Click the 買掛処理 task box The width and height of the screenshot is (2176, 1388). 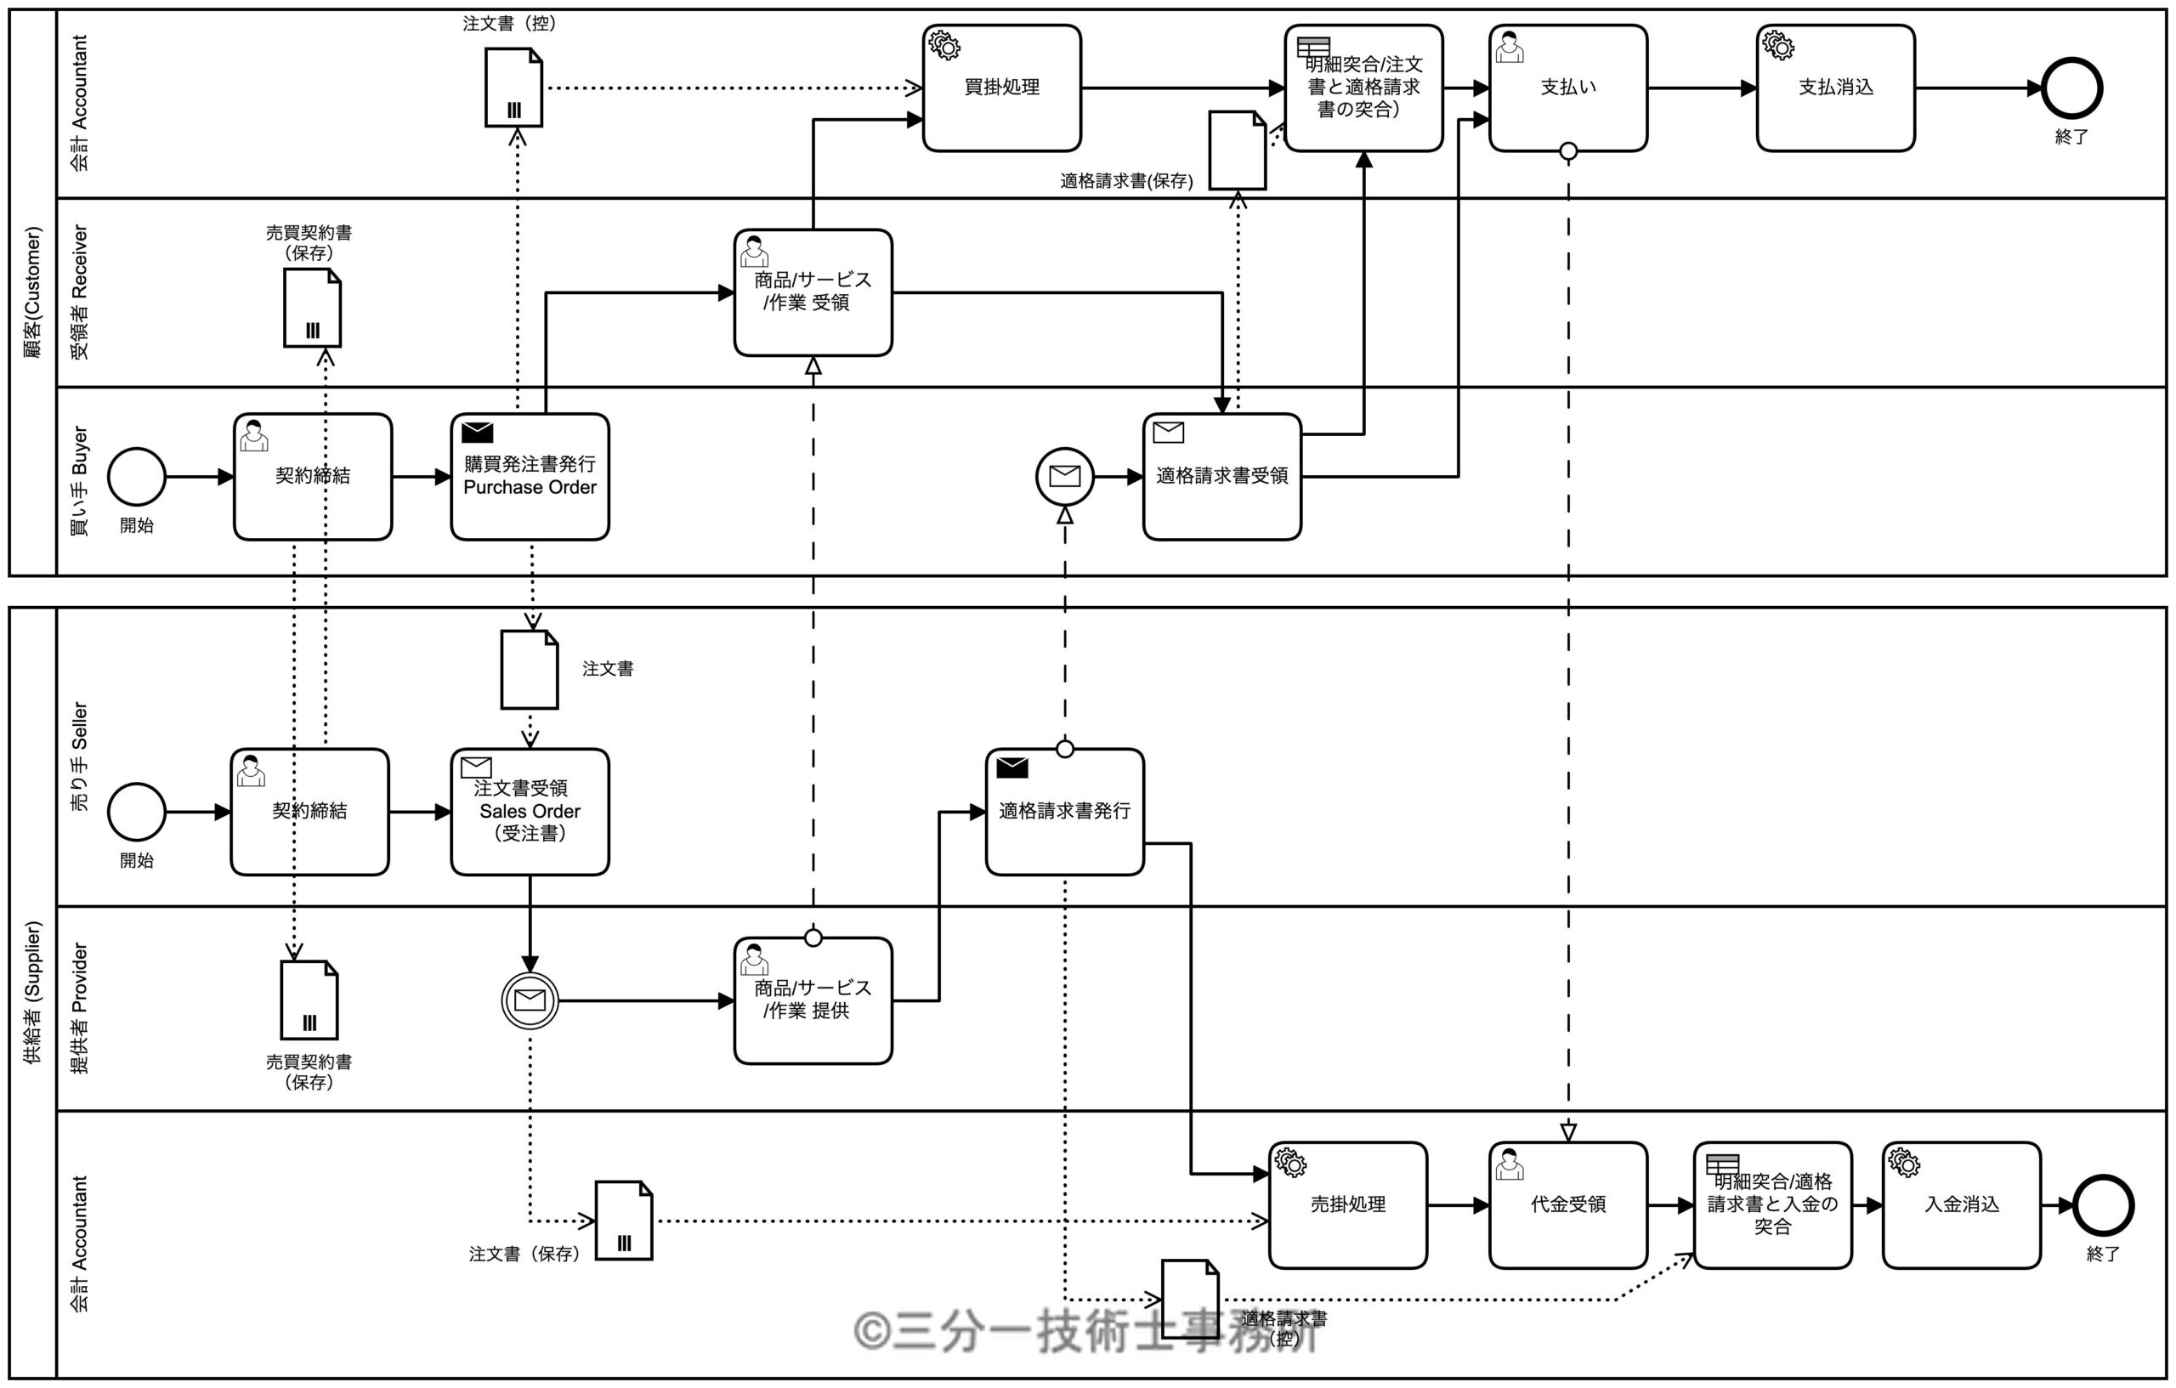(1001, 88)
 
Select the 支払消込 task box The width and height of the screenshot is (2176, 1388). (1835, 88)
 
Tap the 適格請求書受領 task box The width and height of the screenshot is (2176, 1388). (1221, 476)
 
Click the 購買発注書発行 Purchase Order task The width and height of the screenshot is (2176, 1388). (530, 476)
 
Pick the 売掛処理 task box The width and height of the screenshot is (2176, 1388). (1347, 1204)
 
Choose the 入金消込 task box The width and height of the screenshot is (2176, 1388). (1961, 1204)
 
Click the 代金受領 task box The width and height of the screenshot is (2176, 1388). (1568, 1204)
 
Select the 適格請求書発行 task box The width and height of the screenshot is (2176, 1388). (1064, 812)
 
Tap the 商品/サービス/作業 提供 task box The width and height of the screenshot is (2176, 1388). (813, 1000)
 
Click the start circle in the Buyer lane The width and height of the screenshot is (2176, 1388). (137, 476)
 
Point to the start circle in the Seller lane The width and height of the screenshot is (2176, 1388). (137, 812)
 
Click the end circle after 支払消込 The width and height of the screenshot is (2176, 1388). (2072, 88)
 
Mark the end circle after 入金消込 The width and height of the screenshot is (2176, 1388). (2103, 1204)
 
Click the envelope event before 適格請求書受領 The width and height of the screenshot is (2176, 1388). (1064, 476)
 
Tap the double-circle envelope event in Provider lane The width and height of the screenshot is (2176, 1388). (530, 1000)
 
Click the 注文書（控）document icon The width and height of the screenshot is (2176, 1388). (513, 88)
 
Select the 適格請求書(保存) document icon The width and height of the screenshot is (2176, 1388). (1237, 150)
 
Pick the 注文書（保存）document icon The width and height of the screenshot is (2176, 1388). (624, 1220)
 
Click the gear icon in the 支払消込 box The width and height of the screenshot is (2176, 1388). (1777, 45)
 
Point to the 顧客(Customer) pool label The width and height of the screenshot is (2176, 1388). (32, 292)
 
